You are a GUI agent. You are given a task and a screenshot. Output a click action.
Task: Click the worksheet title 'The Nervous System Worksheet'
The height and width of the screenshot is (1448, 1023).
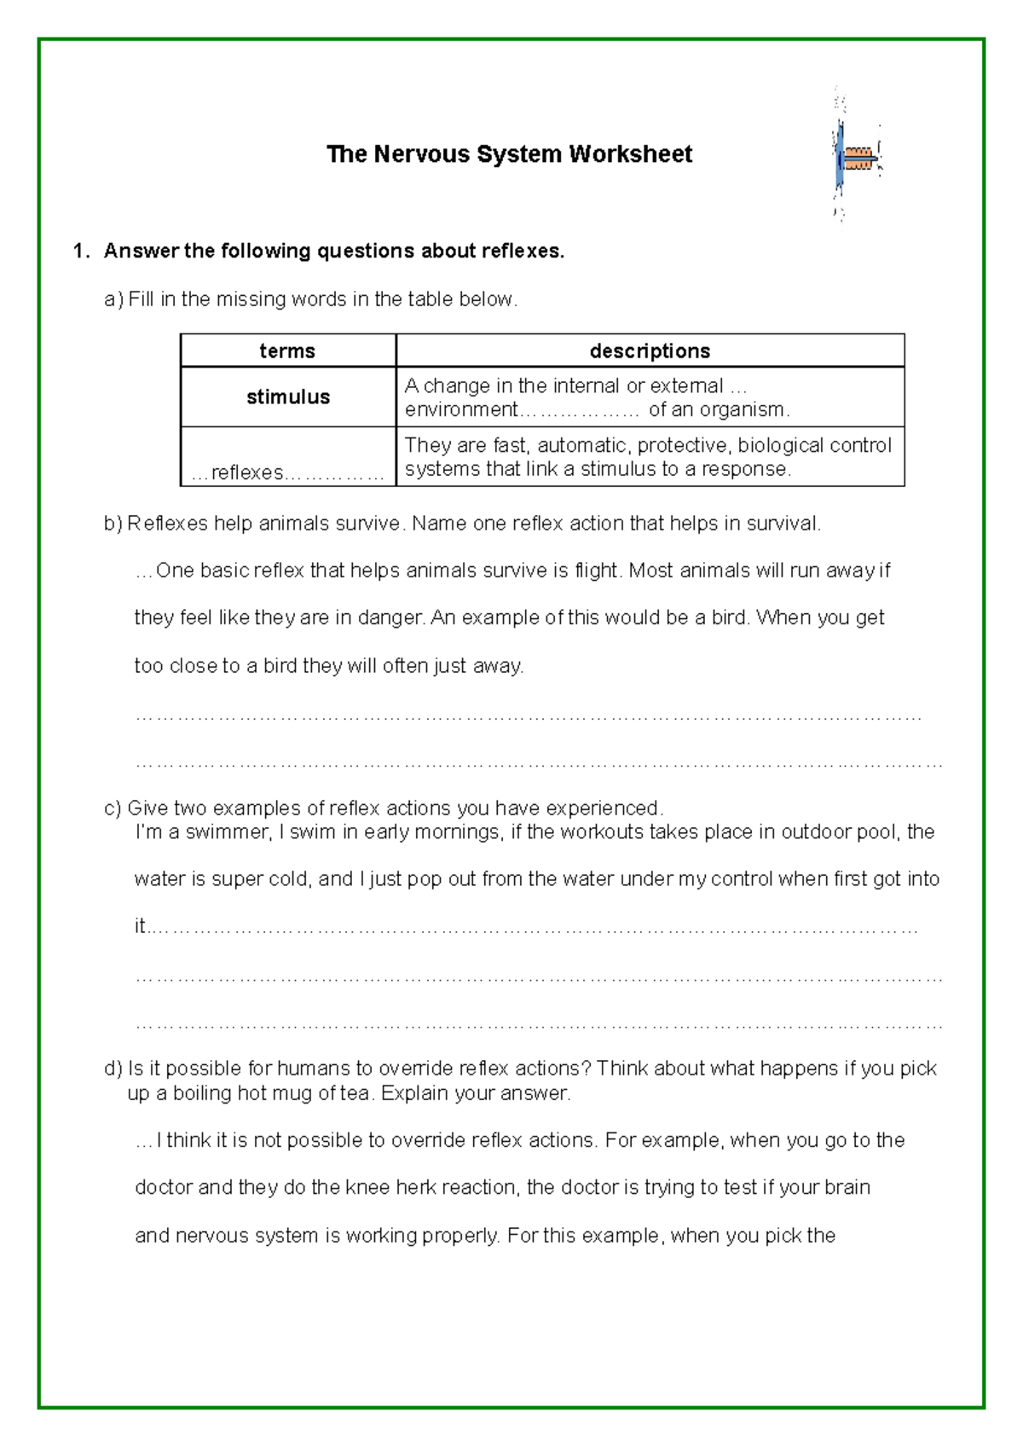[x=509, y=154]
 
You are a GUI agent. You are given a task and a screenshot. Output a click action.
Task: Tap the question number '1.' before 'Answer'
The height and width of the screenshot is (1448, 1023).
[x=81, y=251]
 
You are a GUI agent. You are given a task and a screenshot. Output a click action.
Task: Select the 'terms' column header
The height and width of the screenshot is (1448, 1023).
[x=287, y=351]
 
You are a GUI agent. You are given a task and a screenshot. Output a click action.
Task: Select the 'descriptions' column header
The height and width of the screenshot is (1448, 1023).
[x=650, y=351]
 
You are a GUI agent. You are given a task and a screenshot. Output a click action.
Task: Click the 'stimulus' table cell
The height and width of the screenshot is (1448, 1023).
[x=287, y=397]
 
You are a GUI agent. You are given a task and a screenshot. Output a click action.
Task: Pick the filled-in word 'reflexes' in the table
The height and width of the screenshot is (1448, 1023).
[x=247, y=472]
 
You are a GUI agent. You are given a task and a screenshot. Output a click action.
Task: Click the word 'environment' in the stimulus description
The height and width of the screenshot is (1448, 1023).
[x=460, y=410]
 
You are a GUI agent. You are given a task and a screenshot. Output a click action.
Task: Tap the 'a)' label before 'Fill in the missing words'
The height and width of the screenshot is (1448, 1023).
[x=113, y=299]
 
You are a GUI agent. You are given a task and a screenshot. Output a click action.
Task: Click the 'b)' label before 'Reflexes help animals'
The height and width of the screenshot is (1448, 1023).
[x=113, y=524]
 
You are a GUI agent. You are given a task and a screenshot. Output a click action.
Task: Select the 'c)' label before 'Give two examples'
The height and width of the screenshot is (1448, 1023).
[x=113, y=808]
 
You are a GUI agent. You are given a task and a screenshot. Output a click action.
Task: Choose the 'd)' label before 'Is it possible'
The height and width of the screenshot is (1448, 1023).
[x=113, y=1069]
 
